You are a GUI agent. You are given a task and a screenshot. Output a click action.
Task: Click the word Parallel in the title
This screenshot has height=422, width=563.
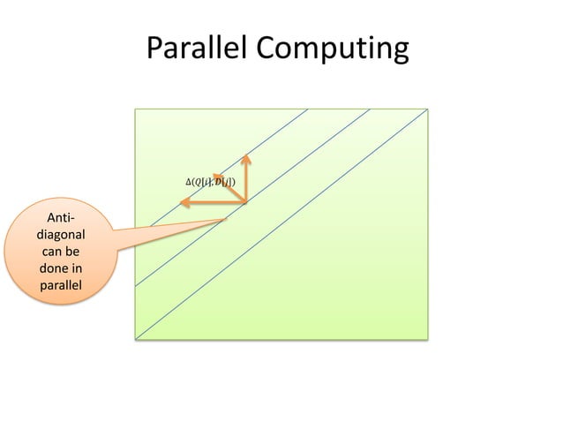pos(195,50)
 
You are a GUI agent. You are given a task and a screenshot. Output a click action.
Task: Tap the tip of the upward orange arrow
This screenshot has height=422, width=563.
pos(246,156)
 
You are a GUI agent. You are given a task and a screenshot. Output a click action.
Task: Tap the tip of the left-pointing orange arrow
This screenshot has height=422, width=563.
pos(180,203)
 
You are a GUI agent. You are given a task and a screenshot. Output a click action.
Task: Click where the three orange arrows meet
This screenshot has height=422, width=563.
pos(245,202)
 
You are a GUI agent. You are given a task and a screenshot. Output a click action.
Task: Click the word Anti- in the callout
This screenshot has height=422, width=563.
pos(61,218)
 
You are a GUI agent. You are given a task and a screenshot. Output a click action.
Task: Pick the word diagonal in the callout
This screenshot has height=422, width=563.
pos(61,236)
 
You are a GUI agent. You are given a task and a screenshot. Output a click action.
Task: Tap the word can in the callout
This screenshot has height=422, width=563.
pos(51,252)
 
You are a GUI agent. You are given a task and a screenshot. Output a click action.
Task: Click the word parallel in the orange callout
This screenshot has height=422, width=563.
pos(61,286)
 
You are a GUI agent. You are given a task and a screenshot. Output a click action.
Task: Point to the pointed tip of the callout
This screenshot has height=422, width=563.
pos(227,220)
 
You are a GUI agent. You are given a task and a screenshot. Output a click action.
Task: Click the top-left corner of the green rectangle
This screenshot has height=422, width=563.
pos(135,109)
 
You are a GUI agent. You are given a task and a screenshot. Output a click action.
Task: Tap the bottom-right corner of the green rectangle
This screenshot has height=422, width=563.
pos(429,339)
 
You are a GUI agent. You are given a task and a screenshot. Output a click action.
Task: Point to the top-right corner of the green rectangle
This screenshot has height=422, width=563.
pos(429,109)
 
